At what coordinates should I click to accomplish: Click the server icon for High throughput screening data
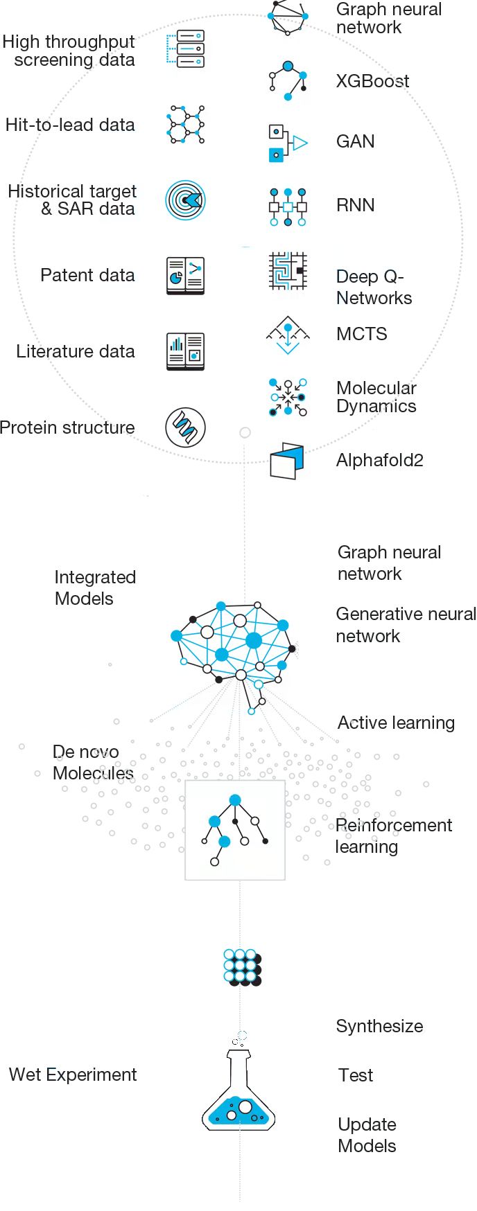pos(186,48)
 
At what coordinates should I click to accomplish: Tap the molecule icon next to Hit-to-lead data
pos(186,125)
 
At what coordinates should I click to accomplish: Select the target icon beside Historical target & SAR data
pos(186,200)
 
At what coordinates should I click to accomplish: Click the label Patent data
pos(87,276)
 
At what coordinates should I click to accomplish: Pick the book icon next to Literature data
pos(185,351)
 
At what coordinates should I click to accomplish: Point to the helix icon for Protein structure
pos(185,427)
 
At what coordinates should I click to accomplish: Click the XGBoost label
pos(372,82)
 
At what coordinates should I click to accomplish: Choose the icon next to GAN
pos(287,143)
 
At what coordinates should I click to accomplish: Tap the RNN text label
pos(355,206)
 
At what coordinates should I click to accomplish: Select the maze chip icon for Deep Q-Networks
pos(288,271)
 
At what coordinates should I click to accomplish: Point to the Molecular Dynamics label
pos(376,397)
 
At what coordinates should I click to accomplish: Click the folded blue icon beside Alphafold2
pos(287,461)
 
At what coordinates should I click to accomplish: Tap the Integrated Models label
pos(94,588)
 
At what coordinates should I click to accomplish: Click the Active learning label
pos(396,723)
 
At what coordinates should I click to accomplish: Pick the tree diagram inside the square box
pos(235,830)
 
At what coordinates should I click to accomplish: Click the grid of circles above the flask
pos(242,967)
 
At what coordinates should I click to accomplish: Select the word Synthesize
pos(379,1027)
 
